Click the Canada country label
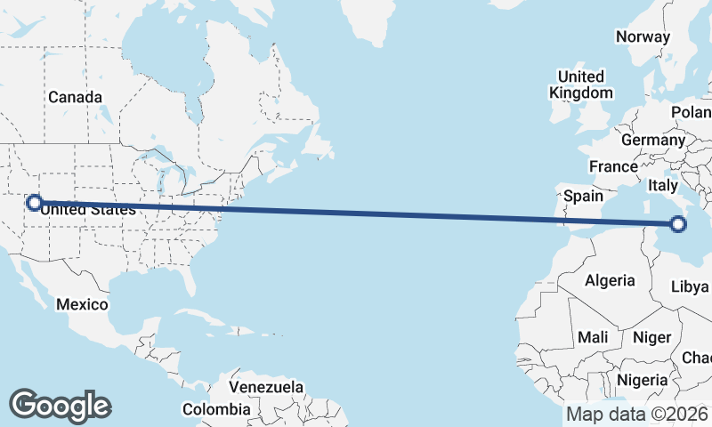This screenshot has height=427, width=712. pyautogui.click(x=75, y=97)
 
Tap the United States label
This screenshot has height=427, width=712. pyautogui.click(x=89, y=211)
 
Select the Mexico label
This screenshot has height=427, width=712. pyautogui.click(x=82, y=304)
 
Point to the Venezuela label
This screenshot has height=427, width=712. pyautogui.click(x=266, y=388)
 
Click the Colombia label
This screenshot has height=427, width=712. pyautogui.click(x=216, y=409)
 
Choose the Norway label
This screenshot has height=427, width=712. pyautogui.click(x=643, y=37)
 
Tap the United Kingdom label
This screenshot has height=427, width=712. pyautogui.click(x=581, y=85)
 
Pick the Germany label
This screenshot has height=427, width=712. pyautogui.click(x=652, y=141)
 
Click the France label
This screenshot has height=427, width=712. pyautogui.click(x=613, y=166)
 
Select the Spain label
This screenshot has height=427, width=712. pyautogui.click(x=583, y=196)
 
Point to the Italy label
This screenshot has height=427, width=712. pyautogui.click(x=663, y=186)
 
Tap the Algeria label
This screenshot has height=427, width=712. pyautogui.click(x=610, y=280)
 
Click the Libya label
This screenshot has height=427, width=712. pyautogui.click(x=690, y=286)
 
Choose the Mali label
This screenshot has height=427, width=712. pyautogui.click(x=592, y=337)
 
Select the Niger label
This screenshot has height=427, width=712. pyautogui.click(x=651, y=337)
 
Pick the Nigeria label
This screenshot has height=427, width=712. pyautogui.click(x=641, y=380)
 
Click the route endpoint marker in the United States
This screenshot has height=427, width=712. pyautogui.click(x=34, y=203)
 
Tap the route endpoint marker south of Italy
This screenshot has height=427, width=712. pyautogui.click(x=678, y=224)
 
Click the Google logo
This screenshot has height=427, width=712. pyautogui.click(x=60, y=406)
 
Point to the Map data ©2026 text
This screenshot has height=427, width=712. pyautogui.click(x=637, y=414)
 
